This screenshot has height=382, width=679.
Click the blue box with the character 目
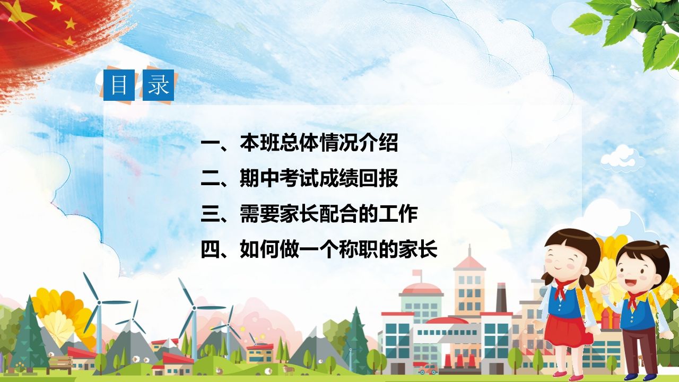(x=119, y=85)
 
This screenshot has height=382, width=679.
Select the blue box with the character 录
(x=158, y=85)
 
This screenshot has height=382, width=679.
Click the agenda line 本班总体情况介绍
(x=300, y=143)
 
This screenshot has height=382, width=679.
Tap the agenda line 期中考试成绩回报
(x=300, y=179)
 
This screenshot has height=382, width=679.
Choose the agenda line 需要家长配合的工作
(x=310, y=214)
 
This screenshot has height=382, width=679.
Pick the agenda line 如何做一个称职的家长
(x=319, y=249)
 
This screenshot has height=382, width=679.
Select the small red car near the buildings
(x=428, y=369)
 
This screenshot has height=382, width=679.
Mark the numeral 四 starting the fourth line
(x=210, y=249)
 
